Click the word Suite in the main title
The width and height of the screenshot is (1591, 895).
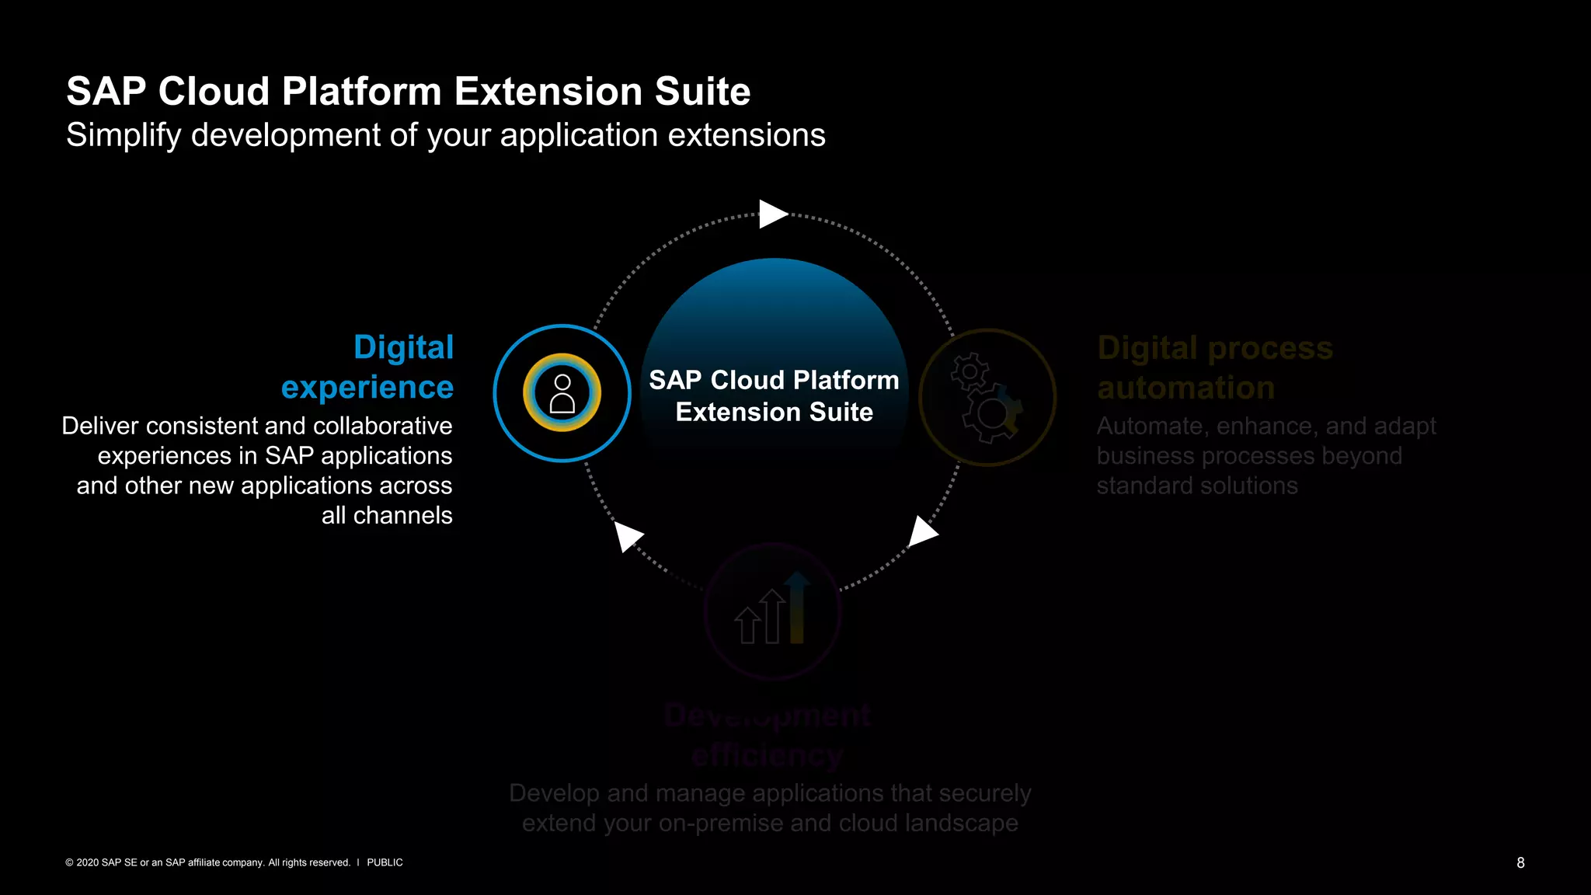702,92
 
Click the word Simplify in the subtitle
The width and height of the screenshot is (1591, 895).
124,136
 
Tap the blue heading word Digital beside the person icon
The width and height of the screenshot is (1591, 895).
403,347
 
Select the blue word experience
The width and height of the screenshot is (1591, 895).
367,387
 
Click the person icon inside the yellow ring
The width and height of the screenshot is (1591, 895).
562,393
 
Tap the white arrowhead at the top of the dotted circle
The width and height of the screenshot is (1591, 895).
772,214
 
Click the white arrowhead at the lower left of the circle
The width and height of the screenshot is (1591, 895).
627,535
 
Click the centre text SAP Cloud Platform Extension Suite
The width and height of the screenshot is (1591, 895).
774,395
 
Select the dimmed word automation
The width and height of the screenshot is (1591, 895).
1185,388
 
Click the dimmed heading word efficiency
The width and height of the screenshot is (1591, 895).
767,754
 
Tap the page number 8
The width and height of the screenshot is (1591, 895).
1520,862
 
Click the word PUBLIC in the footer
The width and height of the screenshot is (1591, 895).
385,862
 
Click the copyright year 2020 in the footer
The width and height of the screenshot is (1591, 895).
87,862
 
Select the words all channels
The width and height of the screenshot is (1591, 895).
387,516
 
